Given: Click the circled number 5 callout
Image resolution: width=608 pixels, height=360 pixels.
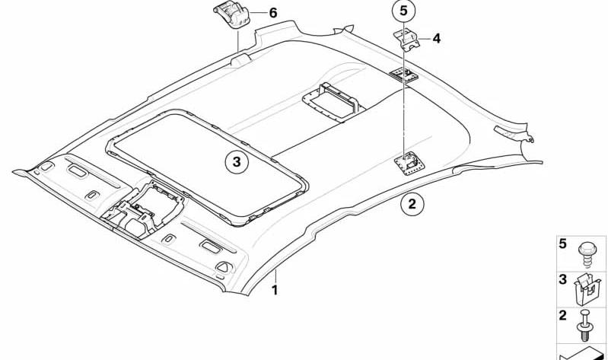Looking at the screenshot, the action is (403, 11).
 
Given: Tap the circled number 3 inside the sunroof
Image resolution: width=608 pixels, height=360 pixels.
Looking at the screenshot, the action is (237, 162).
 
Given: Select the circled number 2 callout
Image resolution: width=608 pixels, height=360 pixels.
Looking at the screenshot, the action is (412, 203).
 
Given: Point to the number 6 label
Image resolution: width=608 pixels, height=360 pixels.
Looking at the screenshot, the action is (273, 13).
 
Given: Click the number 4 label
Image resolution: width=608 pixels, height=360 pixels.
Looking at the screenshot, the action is (437, 38).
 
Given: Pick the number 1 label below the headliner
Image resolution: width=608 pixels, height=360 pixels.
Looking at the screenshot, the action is (275, 290).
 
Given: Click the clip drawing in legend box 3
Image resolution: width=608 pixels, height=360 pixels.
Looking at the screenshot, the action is (587, 289).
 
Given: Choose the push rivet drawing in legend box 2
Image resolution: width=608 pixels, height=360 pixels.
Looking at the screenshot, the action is (584, 326).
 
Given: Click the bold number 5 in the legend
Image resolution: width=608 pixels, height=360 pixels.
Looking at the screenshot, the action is (562, 244).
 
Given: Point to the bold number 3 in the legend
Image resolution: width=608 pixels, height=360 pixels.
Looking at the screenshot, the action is (562, 279).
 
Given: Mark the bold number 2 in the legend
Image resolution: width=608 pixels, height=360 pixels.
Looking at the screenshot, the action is (562, 315).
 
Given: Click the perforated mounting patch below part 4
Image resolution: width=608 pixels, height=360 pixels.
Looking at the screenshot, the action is (404, 75).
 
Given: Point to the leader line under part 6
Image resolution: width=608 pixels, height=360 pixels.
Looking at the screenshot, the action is (237, 42).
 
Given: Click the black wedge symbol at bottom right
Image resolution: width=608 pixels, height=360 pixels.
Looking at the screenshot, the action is (581, 352).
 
